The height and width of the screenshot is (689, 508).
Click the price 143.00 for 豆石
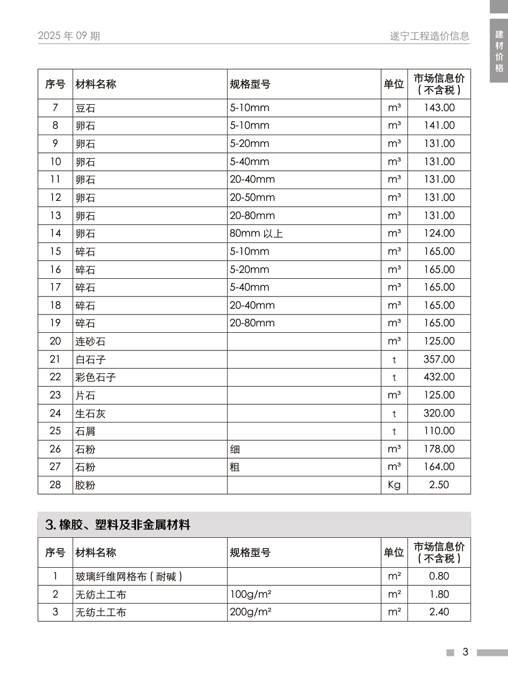pos(439,108)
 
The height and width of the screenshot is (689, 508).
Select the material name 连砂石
pos(90,341)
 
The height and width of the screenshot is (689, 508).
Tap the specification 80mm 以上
pos(256,233)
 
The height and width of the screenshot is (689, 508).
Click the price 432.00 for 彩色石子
pos(439,377)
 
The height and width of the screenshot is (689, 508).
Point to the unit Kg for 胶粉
pos(394,485)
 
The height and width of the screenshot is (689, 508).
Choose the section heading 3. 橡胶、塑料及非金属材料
pos(118,525)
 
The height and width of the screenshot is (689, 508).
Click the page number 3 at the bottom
pos(465,652)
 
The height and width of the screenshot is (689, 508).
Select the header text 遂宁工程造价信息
pos(429,36)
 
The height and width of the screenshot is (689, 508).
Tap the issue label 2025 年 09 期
pos(69,36)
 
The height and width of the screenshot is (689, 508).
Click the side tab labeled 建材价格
pos(499,51)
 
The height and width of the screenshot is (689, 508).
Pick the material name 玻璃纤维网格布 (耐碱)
pos(129,577)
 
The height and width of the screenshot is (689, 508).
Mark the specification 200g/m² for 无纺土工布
pos(250,612)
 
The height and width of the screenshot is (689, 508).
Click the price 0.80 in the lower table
pos(439,576)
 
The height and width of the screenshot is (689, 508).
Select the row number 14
pos(56,233)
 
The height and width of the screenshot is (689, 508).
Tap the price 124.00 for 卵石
pos(439,233)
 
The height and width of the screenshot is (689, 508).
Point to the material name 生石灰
pos(90,413)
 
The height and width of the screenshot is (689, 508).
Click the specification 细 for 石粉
pos(235,449)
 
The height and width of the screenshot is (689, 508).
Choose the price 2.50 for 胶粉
pos(439,485)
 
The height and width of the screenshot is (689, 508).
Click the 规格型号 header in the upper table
pos(250,84)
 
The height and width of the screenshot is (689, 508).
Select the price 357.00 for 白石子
pos(439,359)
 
